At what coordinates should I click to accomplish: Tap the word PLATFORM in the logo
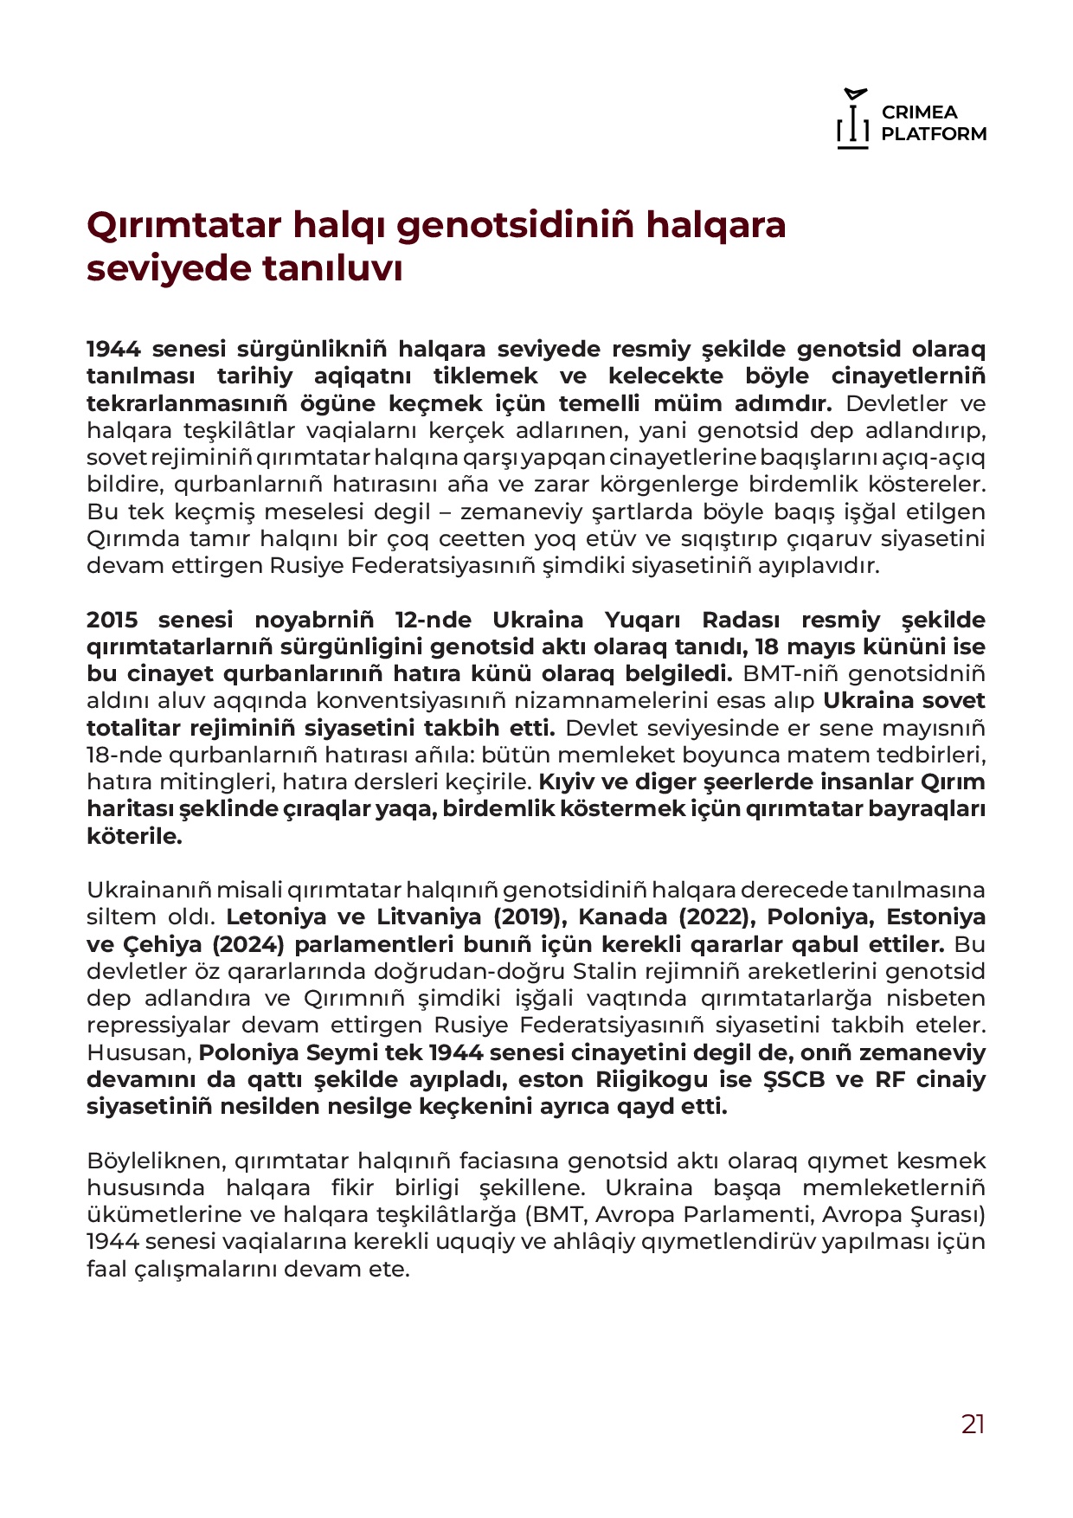tap(934, 134)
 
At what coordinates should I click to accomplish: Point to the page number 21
tap(973, 1424)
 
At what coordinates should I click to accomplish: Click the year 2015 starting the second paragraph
tap(112, 620)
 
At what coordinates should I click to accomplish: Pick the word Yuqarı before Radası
tap(640, 620)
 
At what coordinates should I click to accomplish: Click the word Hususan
tap(138, 1052)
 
